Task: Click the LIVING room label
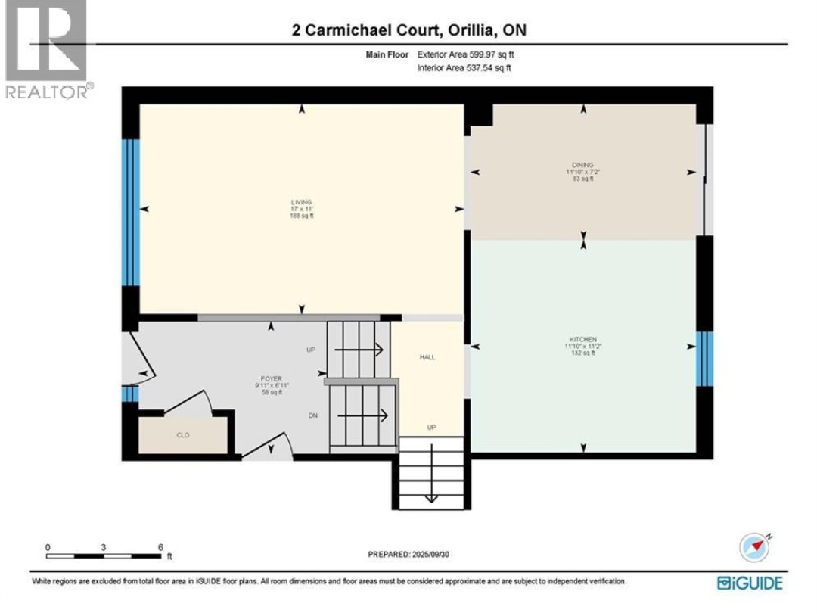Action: coord(302,202)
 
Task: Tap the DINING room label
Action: coord(582,164)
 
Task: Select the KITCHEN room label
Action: coord(583,339)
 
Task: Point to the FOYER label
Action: coord(271,378)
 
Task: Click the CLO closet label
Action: coord(182,435)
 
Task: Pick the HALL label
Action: coord(427,357)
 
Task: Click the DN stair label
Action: coord(312,415)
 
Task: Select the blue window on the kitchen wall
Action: coord(704,358)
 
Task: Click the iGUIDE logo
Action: coord(750,583)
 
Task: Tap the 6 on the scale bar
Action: coord(160,546)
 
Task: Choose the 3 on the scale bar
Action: coord(104,546)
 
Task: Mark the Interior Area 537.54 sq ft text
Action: coord(464,68)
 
